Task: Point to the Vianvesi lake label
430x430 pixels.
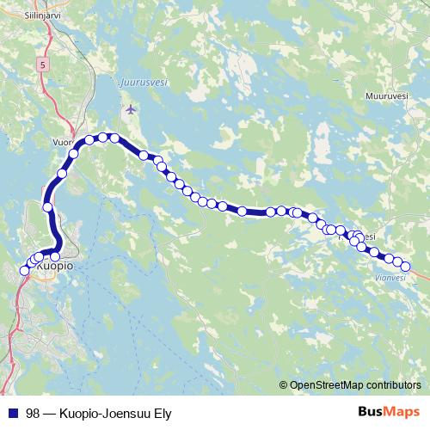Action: point(391,277)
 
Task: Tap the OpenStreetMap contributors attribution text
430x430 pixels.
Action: point(354,385)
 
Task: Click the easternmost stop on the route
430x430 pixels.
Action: point(406,266)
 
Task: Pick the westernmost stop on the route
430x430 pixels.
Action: point(24,271)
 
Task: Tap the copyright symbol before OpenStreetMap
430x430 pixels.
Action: point(283,385)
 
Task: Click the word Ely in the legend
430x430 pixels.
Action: point(161,414)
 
